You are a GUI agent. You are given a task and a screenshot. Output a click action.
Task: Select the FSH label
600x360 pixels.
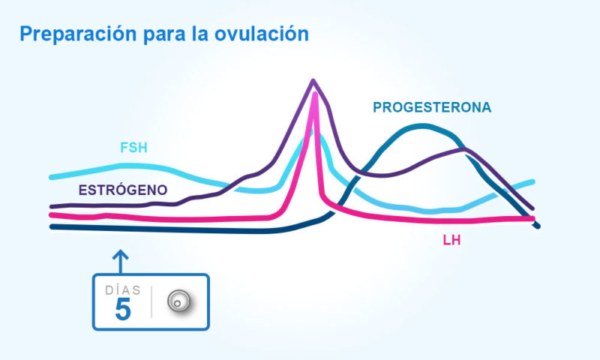tap(136, 147)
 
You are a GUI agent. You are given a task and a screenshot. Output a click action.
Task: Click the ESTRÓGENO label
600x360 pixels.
tap(123, 190)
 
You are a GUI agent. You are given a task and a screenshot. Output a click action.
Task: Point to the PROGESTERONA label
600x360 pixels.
tap(432, 107)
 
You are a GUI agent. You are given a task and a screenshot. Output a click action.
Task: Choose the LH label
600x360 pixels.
tap(451, 241)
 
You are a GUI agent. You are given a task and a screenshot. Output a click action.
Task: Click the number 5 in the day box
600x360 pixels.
tap(123, 310)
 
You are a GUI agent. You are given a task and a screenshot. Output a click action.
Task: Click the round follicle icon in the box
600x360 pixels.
tap(178, 301)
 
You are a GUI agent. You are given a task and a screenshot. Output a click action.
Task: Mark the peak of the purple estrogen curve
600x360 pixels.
tap(313, 80)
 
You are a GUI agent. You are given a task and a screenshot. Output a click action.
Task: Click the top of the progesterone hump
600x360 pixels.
tap(424, 125)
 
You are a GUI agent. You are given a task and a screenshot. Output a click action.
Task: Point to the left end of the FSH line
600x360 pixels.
tap(52, 177)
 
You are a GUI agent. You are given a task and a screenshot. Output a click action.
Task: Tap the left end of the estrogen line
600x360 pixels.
tap(52, 205)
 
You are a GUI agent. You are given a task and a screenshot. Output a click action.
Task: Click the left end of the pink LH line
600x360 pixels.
tap(52, 216)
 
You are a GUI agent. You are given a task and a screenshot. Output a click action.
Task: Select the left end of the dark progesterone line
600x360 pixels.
tap(52, 226)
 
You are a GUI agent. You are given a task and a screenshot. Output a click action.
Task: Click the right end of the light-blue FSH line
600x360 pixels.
tap(532, 181)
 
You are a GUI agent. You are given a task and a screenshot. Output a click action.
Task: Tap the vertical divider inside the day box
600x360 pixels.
tap(151, 301)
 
